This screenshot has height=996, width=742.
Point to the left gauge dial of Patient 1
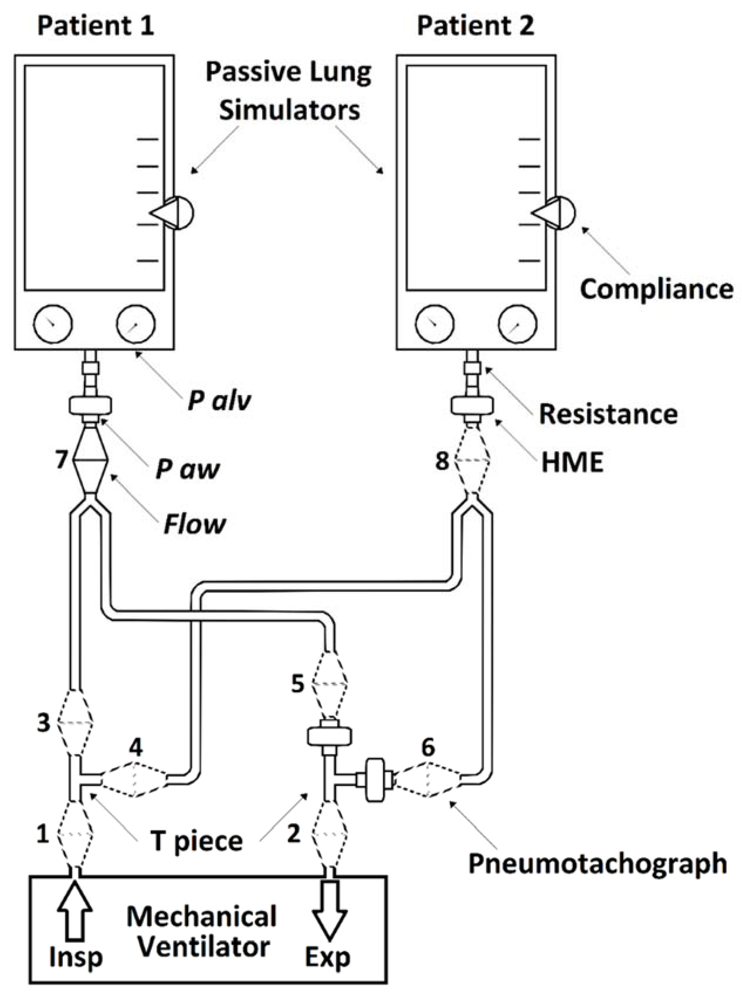coord(53,324)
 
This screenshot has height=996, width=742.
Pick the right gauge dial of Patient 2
coord(517,324)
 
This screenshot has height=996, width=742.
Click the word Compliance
coord(656,289)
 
